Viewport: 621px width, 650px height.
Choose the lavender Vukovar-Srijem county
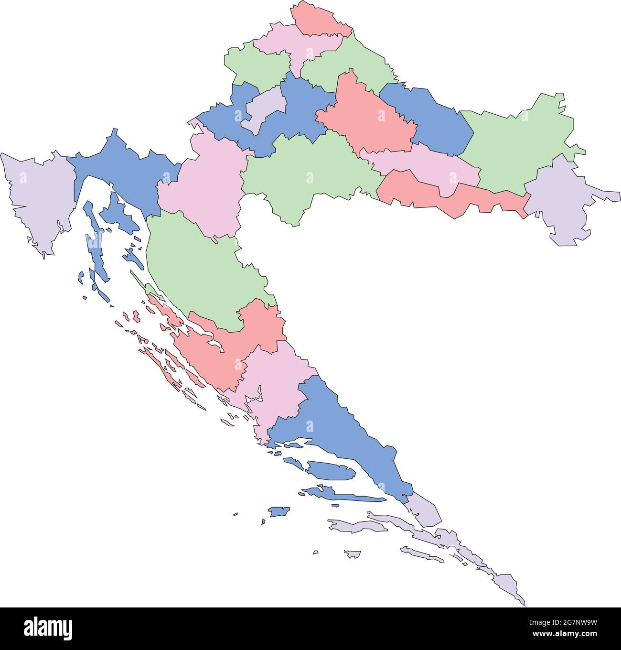(564, 201)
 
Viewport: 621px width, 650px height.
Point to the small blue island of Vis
(279, 512)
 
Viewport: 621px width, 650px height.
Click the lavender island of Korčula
(356, 526)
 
